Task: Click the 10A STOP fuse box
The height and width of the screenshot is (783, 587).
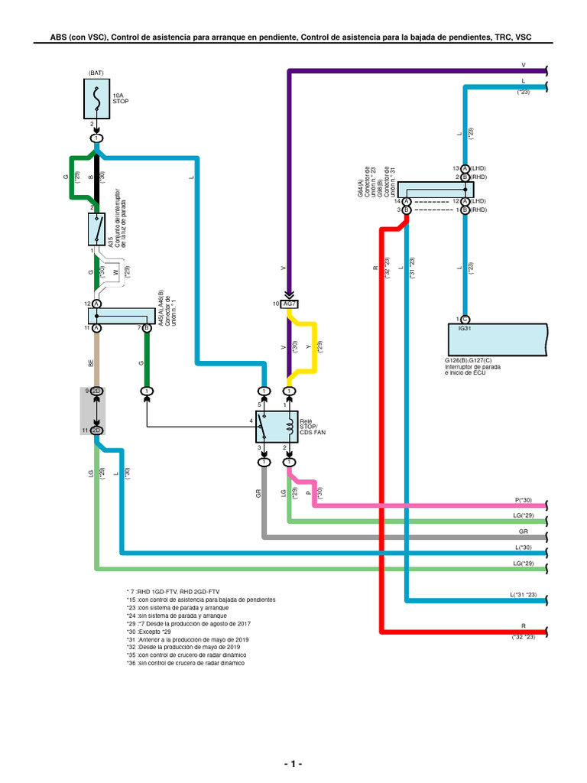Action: [x=96, y=102]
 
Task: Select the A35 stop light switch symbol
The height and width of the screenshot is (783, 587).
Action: [x=96, y=227]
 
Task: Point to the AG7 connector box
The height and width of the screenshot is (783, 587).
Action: [x=290, y=304]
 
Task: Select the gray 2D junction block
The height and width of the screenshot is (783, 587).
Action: [x=96, y=410]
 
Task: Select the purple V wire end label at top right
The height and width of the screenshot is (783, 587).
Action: [x=523, y=66]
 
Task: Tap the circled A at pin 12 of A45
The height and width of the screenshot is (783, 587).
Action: [x=97, y=304]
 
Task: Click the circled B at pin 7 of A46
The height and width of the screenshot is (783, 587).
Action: [x=147, y=328]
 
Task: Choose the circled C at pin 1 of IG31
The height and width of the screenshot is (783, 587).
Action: [x=465, y=319]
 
